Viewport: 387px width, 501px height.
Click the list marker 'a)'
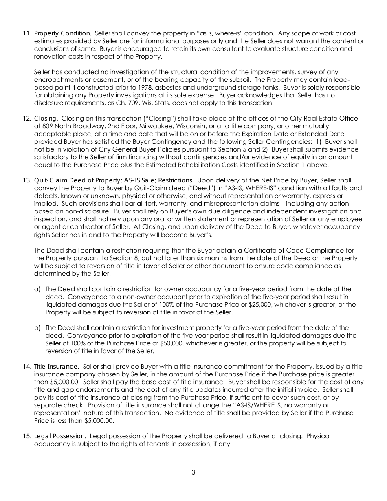pos(37,289)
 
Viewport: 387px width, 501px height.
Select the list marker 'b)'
pos(37,328)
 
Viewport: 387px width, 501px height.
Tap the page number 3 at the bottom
pos(193,473)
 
